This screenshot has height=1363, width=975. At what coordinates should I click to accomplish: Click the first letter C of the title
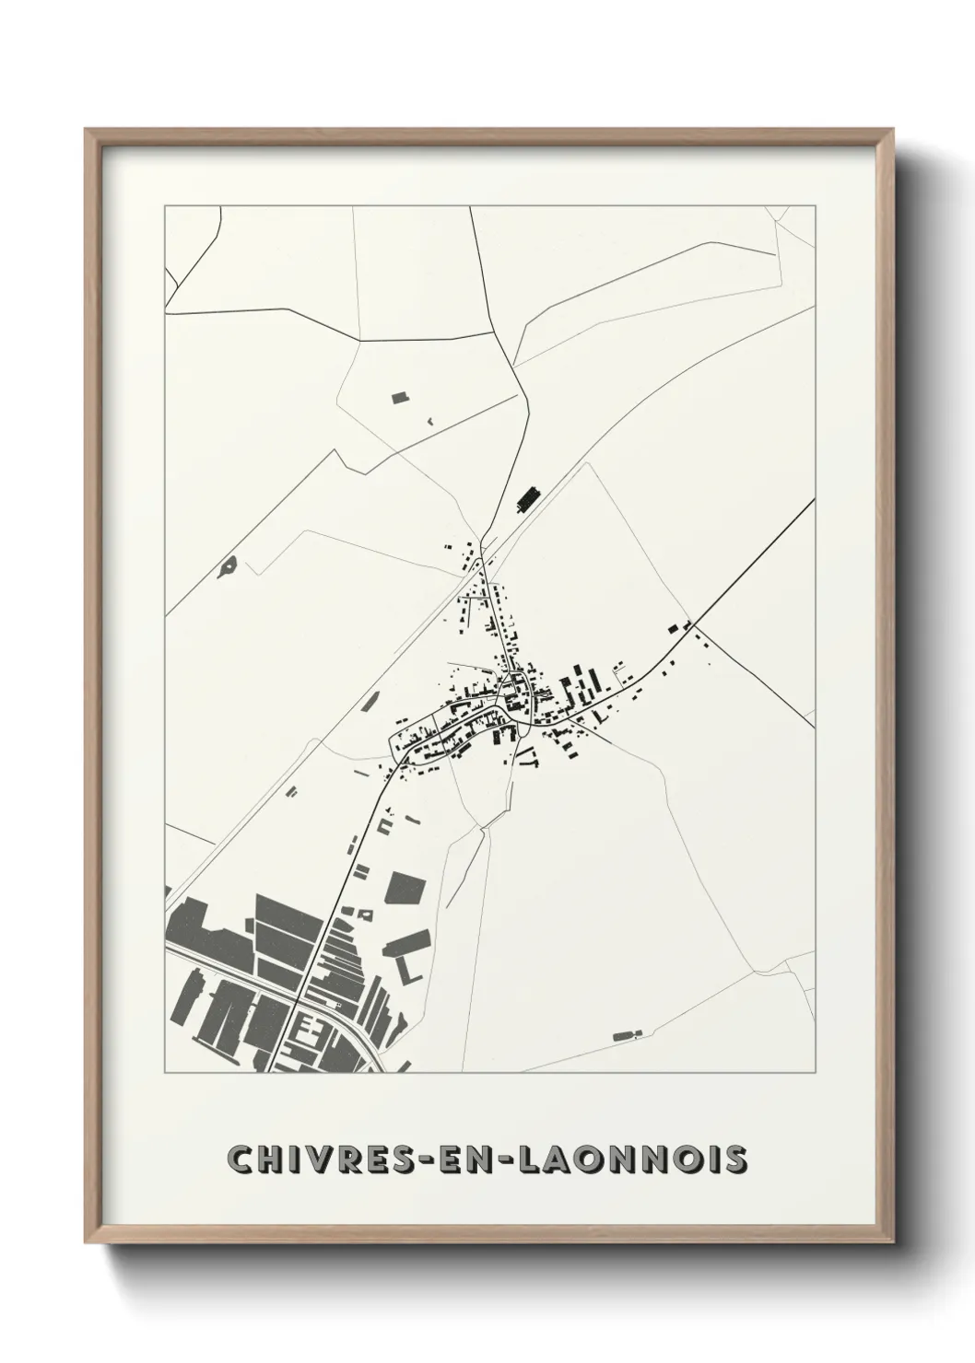click(x=241, y=1159)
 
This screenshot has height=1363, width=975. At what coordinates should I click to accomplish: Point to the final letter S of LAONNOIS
click(x=735, y=1159)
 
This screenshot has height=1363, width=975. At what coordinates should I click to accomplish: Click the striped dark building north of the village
click(x=527, y=500)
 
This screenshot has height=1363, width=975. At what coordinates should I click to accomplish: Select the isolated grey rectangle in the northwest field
click(x=400, y=398)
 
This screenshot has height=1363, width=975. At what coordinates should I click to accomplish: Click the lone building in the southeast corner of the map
click(x=627, y=1036)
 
